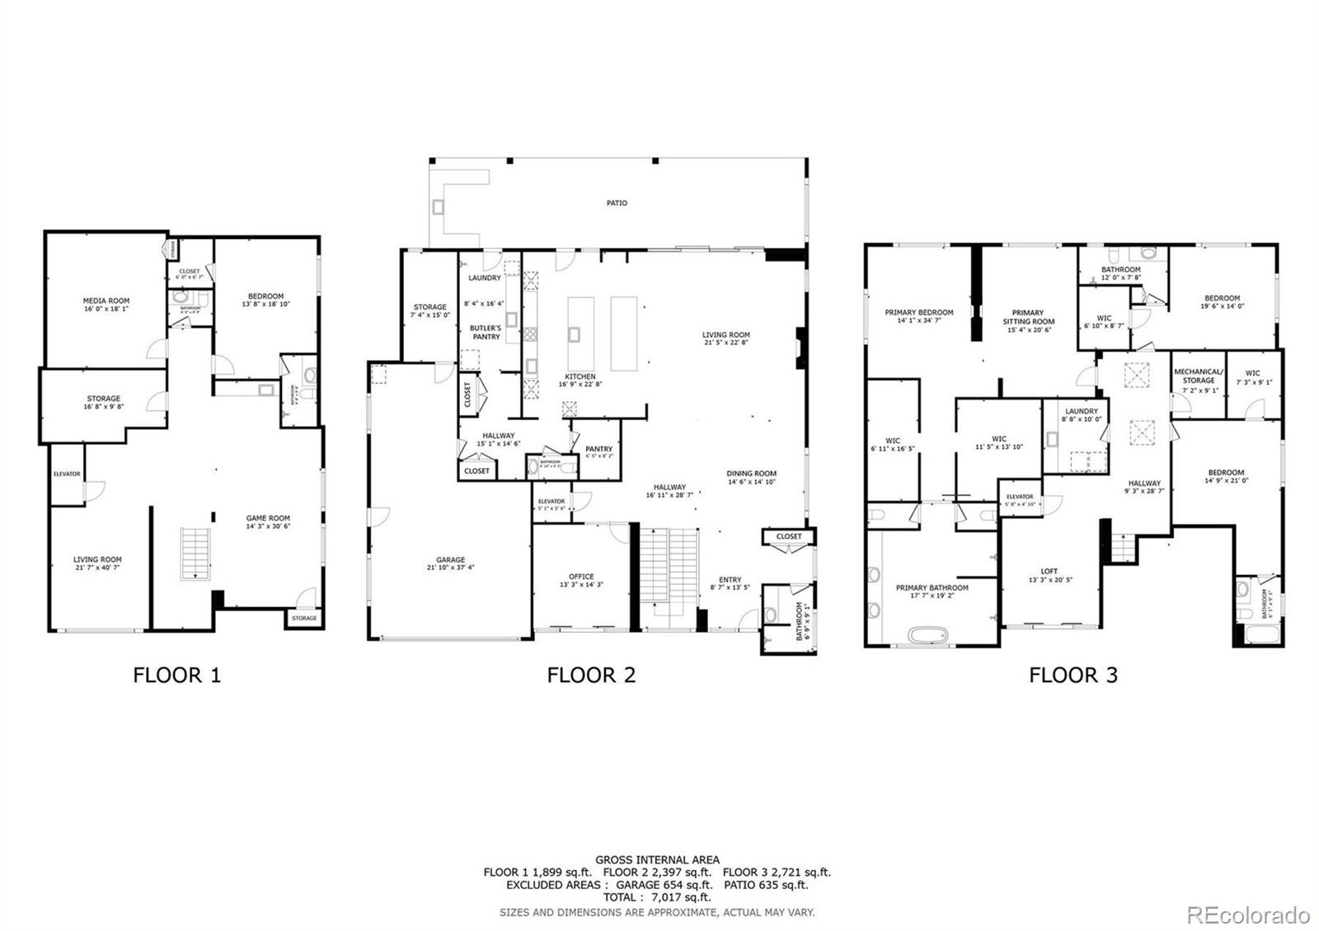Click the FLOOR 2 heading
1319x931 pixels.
[x=591, y=676]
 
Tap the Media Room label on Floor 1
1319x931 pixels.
[x=106, y=305]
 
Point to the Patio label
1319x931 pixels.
[x=617, y=203]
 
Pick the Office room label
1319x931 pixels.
[x=581, y=580]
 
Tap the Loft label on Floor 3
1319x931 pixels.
[x=1049, y=575]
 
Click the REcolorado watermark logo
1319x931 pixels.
[x=1247, y=915]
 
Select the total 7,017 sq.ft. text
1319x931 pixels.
[x=657, y=897]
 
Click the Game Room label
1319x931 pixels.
[x=268, y=522]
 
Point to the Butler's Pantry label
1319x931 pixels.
[x=486, y=332]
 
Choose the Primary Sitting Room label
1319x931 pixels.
[x=1028, y=321]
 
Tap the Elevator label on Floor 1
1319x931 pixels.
[x=67, y=474]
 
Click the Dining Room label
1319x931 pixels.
[x=751, y=478]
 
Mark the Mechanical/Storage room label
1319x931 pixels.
[x=1199, y=380]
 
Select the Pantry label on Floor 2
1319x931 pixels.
[x=598, y=452]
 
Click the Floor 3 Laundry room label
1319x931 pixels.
[x=1081, y=414]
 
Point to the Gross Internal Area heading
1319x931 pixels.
[x=657, y=859]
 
